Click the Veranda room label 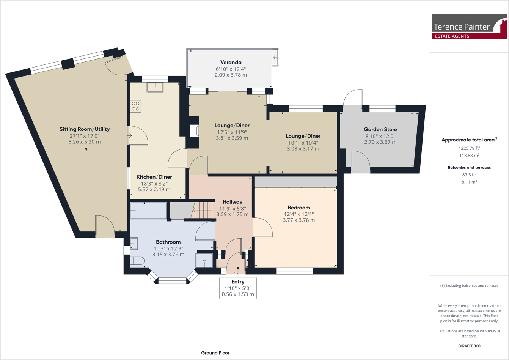(231, 62)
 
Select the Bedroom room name (298, 208)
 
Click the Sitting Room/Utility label (85, 129)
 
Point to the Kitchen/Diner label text (154, 177)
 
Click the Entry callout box (238, 288)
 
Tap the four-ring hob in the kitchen (136, 106)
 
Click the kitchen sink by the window (155, 87)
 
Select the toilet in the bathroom (137, 261)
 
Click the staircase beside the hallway (203, 210)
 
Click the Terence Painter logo (469, 27)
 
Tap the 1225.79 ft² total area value (469, 148)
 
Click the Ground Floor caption (215, 353)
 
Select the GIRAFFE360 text (469, 346)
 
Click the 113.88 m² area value (469, 156)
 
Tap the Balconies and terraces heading (469, 167)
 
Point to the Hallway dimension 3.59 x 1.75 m (233, 214)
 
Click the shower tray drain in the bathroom (204, 262)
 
